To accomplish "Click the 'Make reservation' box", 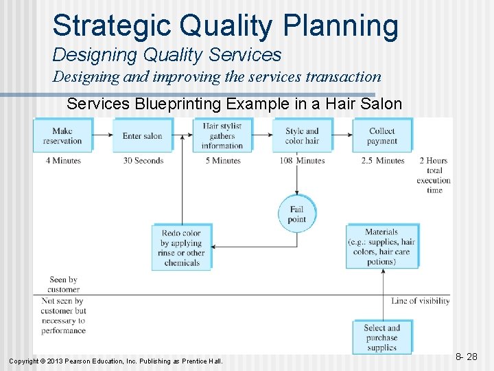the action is click(62, 135).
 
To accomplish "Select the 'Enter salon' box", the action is click(142, 135).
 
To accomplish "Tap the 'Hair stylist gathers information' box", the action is click(222, 135).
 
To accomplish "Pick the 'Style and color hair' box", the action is click(302, 135).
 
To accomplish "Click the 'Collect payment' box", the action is click(382, 135).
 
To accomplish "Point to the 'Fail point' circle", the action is click(296, 214).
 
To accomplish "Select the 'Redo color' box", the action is click(182, 247).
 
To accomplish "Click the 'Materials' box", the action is click(381, 247).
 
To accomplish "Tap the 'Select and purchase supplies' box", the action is click(381, 337).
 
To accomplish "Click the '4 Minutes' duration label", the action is click(63, 161).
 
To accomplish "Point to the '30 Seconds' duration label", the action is click(143, 161).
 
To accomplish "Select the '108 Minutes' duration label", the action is click(302, 161).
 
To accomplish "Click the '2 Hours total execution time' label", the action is click(434, 175).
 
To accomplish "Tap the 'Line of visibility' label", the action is click(421, 301).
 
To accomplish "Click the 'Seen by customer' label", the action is click(63, 284).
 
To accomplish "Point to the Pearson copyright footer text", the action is click(115, 361).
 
